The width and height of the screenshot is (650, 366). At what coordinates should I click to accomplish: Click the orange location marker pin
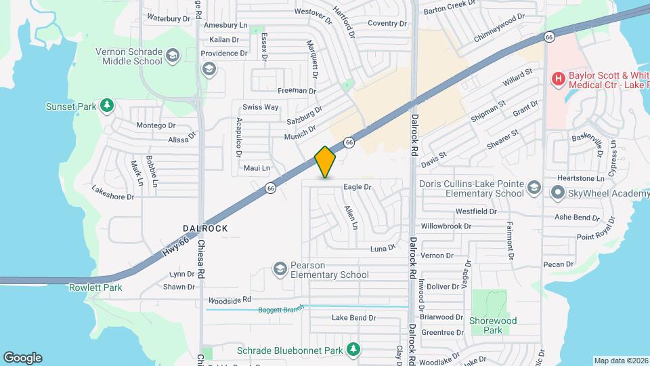click(x=326, y=162)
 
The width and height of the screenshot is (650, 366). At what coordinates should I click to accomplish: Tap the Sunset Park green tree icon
click(x=106, y=106)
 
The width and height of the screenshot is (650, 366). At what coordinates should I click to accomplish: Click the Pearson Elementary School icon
click(x=279, y=270)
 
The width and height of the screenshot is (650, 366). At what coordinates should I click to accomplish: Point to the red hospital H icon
click(x=559, y=80)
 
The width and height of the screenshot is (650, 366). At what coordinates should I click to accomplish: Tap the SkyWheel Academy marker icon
click(x=558, y=193)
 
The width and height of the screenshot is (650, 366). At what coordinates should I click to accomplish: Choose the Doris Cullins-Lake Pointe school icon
click(x=534, y=188)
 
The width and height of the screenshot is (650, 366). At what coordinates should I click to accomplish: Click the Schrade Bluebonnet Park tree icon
click(x=352, y=349)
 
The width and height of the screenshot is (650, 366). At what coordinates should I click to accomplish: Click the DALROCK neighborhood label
click(x=205, y=229)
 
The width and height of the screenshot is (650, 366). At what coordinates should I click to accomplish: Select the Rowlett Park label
click(x=95, y=287)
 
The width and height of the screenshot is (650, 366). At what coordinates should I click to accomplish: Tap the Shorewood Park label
click(x=493, y=325)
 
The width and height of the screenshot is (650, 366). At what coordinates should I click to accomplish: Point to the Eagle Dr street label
click(x=358, y=186)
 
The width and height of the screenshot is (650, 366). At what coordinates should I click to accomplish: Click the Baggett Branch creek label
click(x=282, y=310)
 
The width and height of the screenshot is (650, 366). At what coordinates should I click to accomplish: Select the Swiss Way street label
click(x=261, y=107)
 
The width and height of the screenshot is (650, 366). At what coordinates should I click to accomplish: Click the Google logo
click(x=22, y=358)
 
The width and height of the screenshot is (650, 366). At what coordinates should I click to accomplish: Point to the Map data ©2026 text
click(x=620, y=361)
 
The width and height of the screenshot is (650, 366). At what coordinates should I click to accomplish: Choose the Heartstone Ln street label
click(x=580, y=178)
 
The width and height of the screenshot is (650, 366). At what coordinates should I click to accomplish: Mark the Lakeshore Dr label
click(x=113, y=197)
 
